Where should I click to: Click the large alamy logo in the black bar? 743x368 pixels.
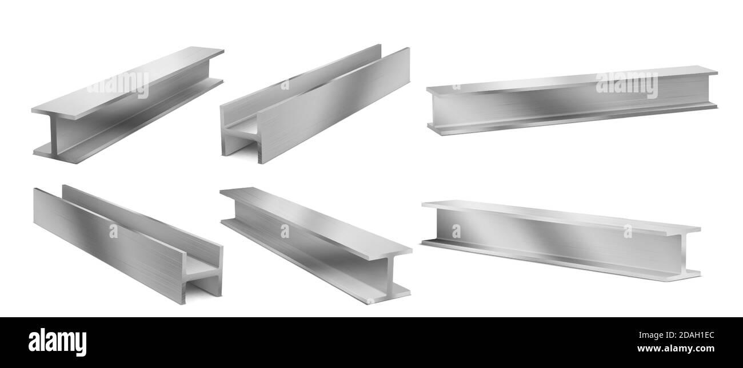[x=58, y=342]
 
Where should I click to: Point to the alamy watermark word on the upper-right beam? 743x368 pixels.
[x=626, y=84]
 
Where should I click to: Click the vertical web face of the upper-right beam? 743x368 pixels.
[x=572, y=106]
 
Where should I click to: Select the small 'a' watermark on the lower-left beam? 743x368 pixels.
[x=113, y=231]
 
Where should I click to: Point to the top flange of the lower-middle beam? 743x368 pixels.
[x=314, y=220]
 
